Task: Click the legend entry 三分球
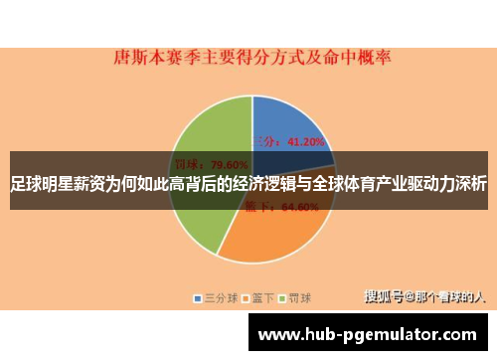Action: click(x=222, y=297)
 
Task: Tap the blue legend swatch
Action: click(x=199, y=297)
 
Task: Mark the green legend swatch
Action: click(x=282, y=297)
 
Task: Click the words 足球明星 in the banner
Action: click(x=42, y=185)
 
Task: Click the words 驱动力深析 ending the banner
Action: click(x=447, y=185)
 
